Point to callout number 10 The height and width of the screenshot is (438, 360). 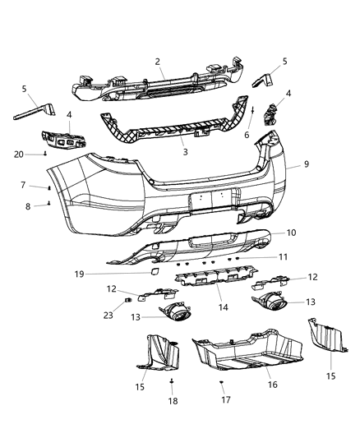tap(291, 233)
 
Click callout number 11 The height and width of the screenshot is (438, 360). tap(283, 257)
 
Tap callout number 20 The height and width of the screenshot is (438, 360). tap(18, 153)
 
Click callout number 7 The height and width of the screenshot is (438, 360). tap(22, 185)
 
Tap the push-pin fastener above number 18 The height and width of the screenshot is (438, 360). tap(172, 382)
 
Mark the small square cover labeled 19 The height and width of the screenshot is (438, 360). tap(153, 270)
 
